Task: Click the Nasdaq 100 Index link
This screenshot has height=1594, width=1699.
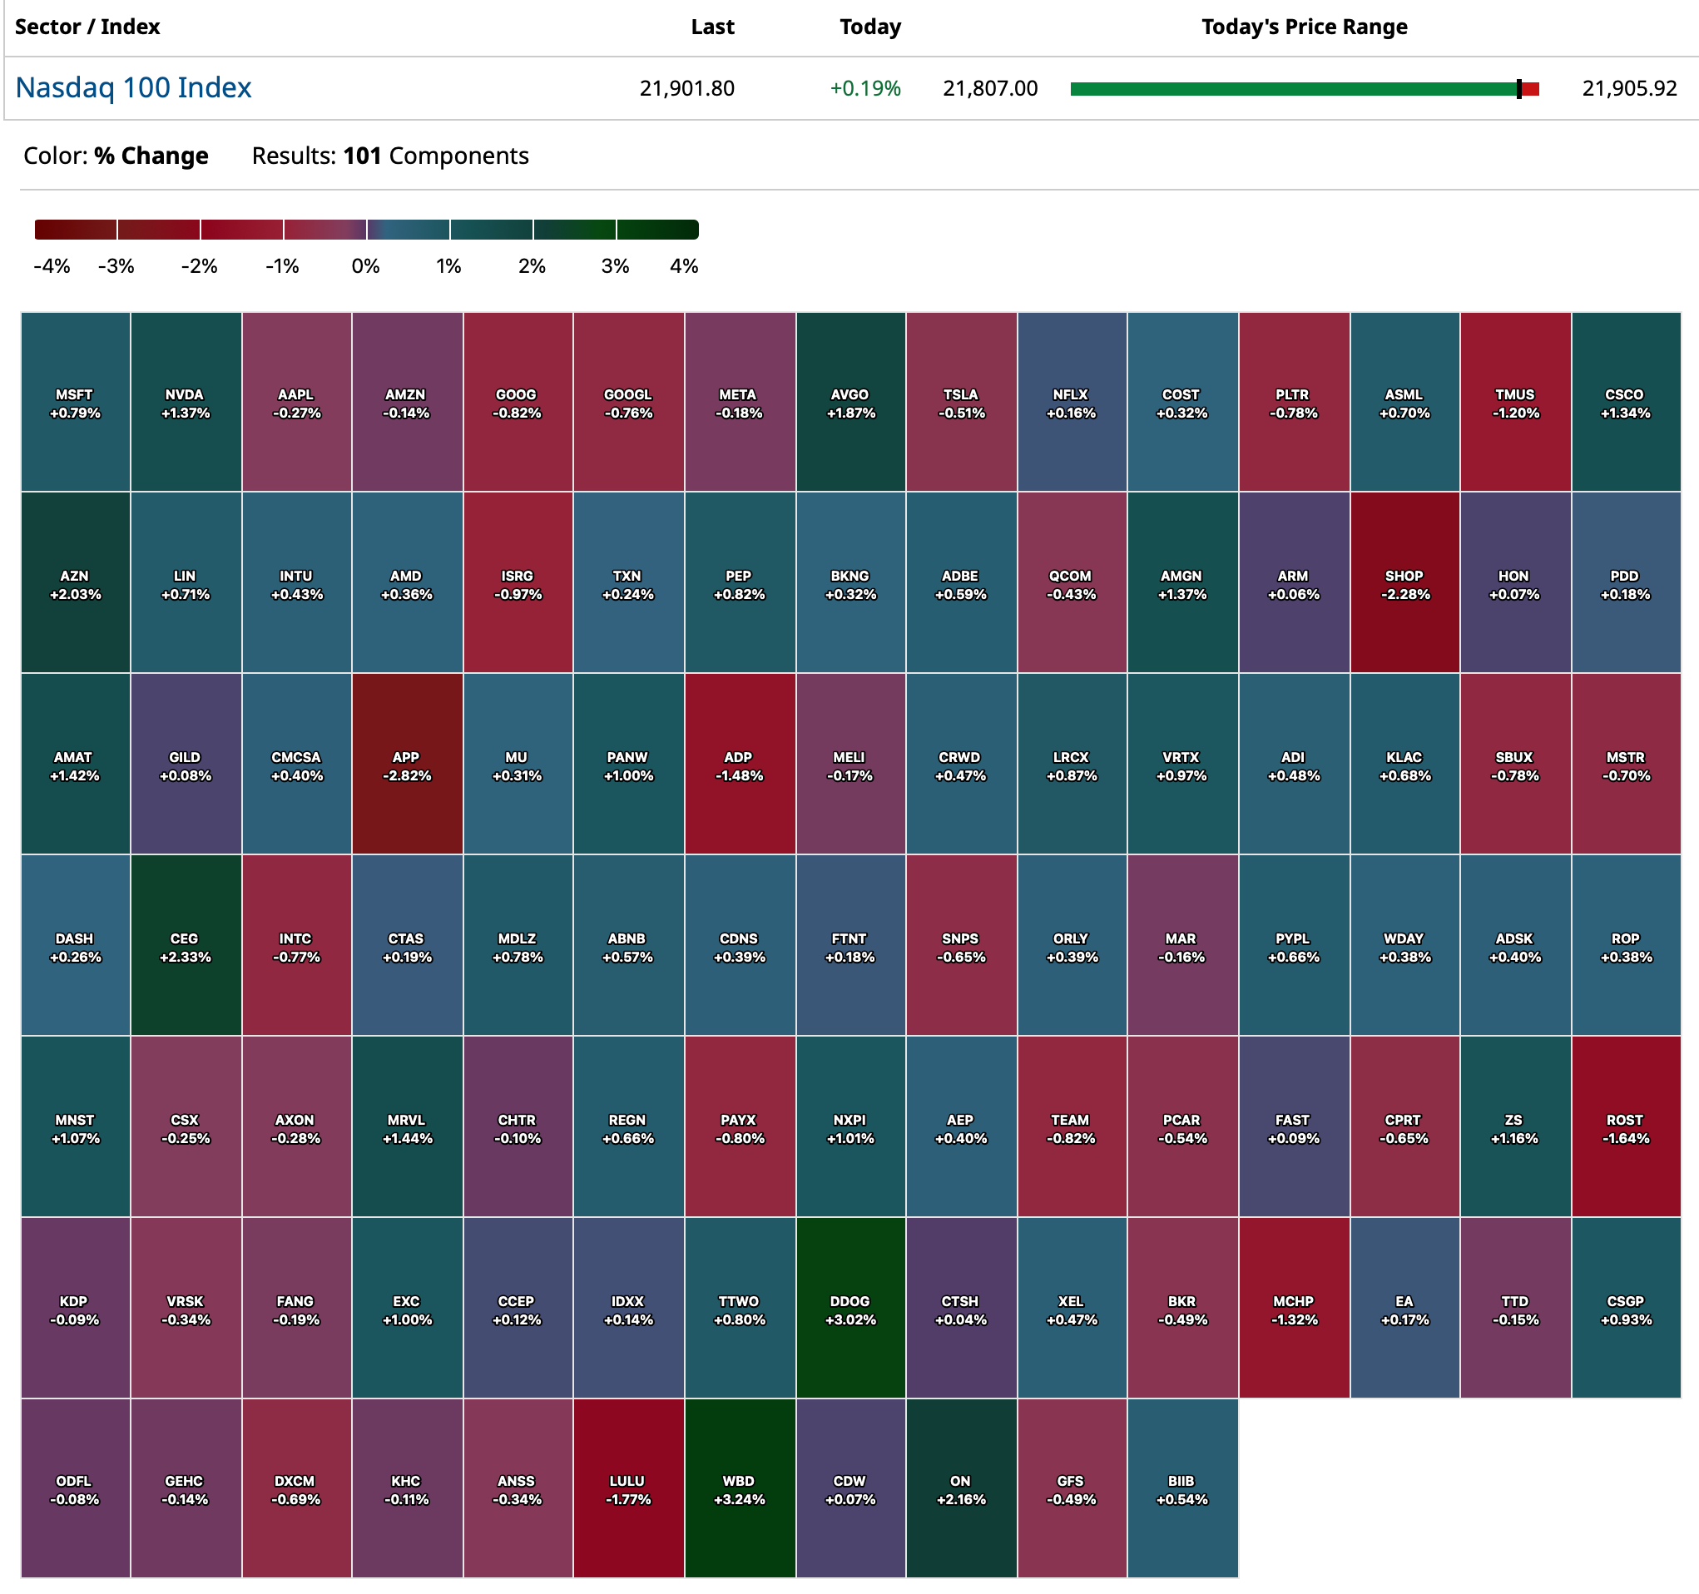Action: (133, 87)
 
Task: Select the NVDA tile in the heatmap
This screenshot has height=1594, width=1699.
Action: (186, 403)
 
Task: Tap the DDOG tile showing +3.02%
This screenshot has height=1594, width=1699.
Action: (850, 1309)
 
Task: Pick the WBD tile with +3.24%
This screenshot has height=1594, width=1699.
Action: (739, 1489)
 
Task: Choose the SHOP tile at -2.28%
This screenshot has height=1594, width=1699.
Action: (1404, 584)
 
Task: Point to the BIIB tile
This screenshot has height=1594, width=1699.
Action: (1182, 1489)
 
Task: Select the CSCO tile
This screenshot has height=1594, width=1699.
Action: (1626, 403)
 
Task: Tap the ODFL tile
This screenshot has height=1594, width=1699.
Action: (75, 1489)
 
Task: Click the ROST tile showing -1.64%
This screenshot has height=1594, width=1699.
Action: (1626, 1127)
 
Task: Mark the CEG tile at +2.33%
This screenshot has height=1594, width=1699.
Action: (186, 946)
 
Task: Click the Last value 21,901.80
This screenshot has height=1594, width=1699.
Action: (686, 88)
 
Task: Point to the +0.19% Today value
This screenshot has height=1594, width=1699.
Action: (864, 88)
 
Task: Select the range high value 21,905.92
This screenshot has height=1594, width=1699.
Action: (1629, 88)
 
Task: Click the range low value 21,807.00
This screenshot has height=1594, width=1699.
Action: (989, 88)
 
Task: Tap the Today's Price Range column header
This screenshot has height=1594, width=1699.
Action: (1303, 27)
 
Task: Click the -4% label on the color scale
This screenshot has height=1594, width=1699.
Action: (52, 266)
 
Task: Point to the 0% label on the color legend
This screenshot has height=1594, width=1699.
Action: (366, 266)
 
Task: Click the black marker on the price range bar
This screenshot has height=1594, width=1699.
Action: (1518, 89)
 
